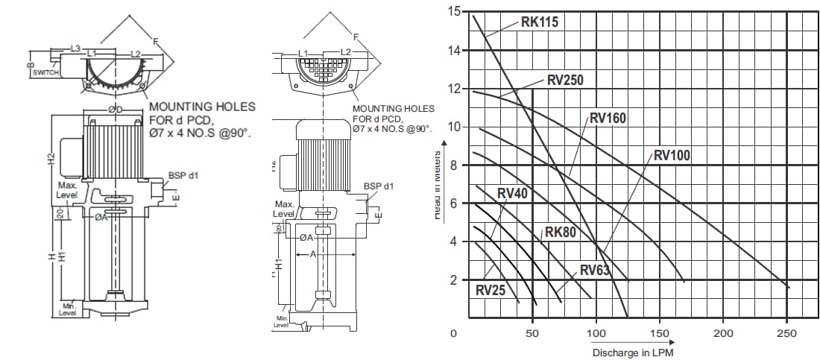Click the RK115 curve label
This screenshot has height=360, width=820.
click(539, 22)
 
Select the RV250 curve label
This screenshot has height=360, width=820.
click(564, 80)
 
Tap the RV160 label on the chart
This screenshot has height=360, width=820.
click(608, 118)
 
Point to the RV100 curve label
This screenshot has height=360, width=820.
click(672, 156)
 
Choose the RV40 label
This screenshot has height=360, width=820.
click(512, 194)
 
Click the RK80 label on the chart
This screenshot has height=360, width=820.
click(561, 232)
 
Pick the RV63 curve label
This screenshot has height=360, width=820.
click(596, 270)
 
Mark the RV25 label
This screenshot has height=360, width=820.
click(491, 290)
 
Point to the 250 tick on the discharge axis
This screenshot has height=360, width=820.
click(786, 333)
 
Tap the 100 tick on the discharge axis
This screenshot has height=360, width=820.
click(596, 333)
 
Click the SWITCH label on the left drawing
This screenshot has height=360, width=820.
click(45, 72)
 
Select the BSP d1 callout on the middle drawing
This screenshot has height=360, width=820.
click(379, 186)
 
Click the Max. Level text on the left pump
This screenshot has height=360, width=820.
click(67, 189)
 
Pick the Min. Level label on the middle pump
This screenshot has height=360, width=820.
click(281, 322)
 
